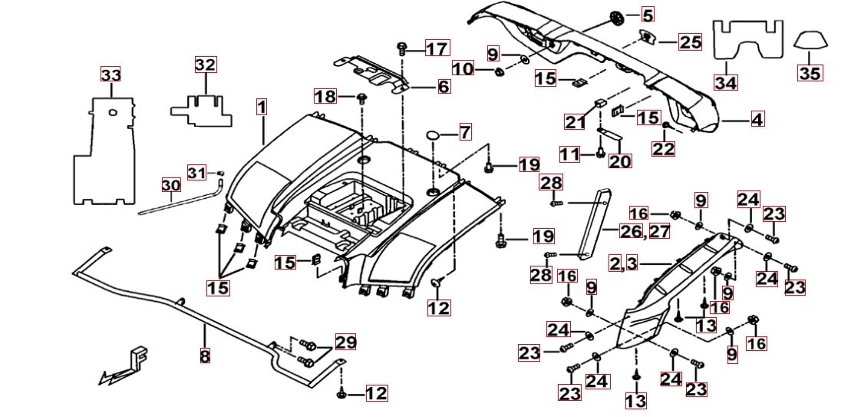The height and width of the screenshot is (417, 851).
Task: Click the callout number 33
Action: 111,75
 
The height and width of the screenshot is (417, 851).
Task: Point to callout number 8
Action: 205,356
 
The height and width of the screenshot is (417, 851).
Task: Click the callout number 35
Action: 810,74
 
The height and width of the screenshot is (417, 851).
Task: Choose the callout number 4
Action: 757,120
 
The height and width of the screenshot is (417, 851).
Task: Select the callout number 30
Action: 170,185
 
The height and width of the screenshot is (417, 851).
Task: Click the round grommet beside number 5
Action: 618,16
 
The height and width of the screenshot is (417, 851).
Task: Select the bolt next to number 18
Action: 362,98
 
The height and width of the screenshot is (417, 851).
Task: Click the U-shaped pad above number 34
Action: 749,38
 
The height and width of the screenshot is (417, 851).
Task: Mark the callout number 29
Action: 345,343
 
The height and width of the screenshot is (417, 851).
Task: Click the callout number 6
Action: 444,87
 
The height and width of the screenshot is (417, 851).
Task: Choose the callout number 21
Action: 575,121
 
